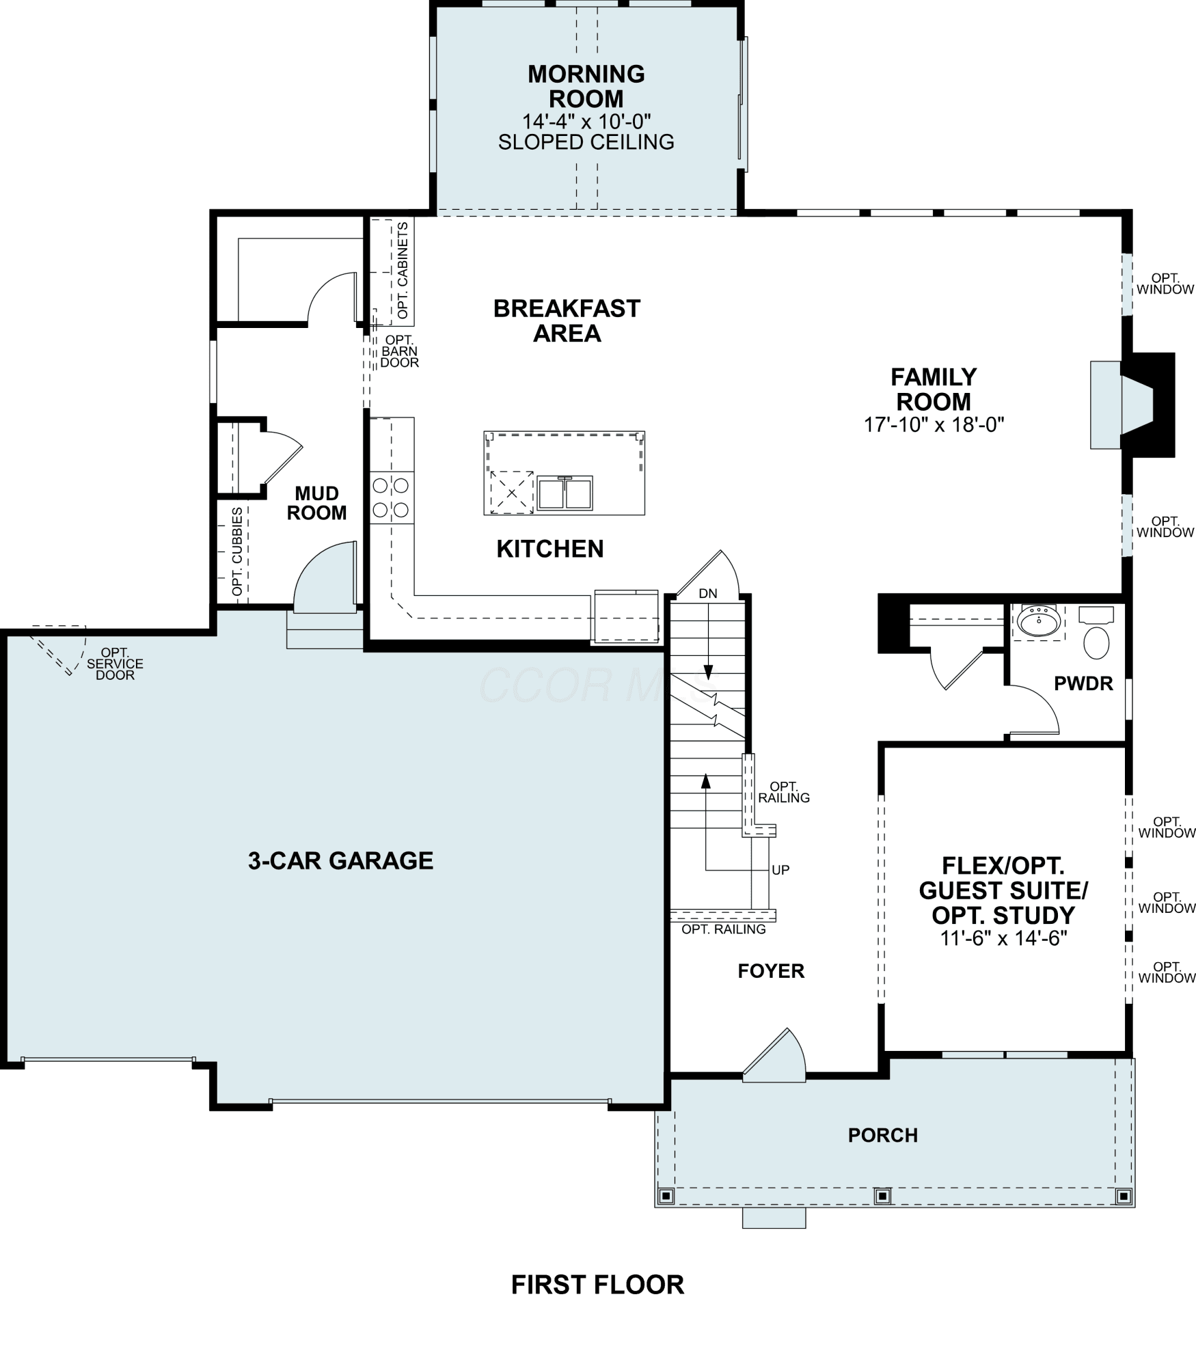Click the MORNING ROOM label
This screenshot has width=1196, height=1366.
[x=586, y=86]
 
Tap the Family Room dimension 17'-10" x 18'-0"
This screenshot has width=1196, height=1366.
[x=934, y=424]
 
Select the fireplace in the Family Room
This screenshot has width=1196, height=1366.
[x=1132, y=405]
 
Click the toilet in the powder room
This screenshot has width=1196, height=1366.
[x=1096, y=633]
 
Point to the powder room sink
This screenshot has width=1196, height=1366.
[x=1039, y=620]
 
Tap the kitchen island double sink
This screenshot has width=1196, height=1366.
[x=565, y=493]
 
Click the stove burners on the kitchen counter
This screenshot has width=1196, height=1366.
[x=391, y=497]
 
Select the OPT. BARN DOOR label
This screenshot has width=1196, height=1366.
[x=400, y=351]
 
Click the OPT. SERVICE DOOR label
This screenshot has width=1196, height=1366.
[x=115, y=664]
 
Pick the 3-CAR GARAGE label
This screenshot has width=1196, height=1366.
[x=340, y=860]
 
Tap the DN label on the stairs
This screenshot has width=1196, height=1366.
[x=708, y=593]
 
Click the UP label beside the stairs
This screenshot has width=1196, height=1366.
[x=780, y=870]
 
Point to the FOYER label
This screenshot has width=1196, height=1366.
[x=771, y=971]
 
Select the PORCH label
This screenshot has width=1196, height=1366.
[x=883, y=1135]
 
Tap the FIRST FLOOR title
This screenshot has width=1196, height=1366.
[x=597, y=1285]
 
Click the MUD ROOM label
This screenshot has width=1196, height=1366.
[x=316, y=503]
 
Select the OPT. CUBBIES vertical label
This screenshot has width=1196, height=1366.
[x=237, y=551]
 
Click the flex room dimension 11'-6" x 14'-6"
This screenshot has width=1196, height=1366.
[x=1003, y=938]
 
